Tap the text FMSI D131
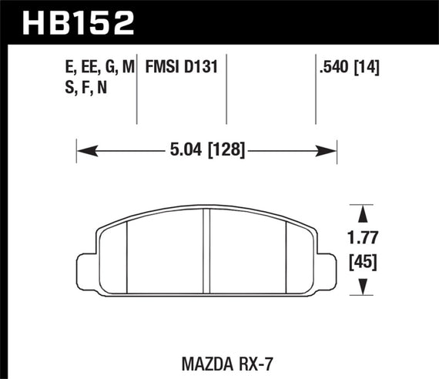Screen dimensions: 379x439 182,69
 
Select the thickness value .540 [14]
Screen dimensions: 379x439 349,69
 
